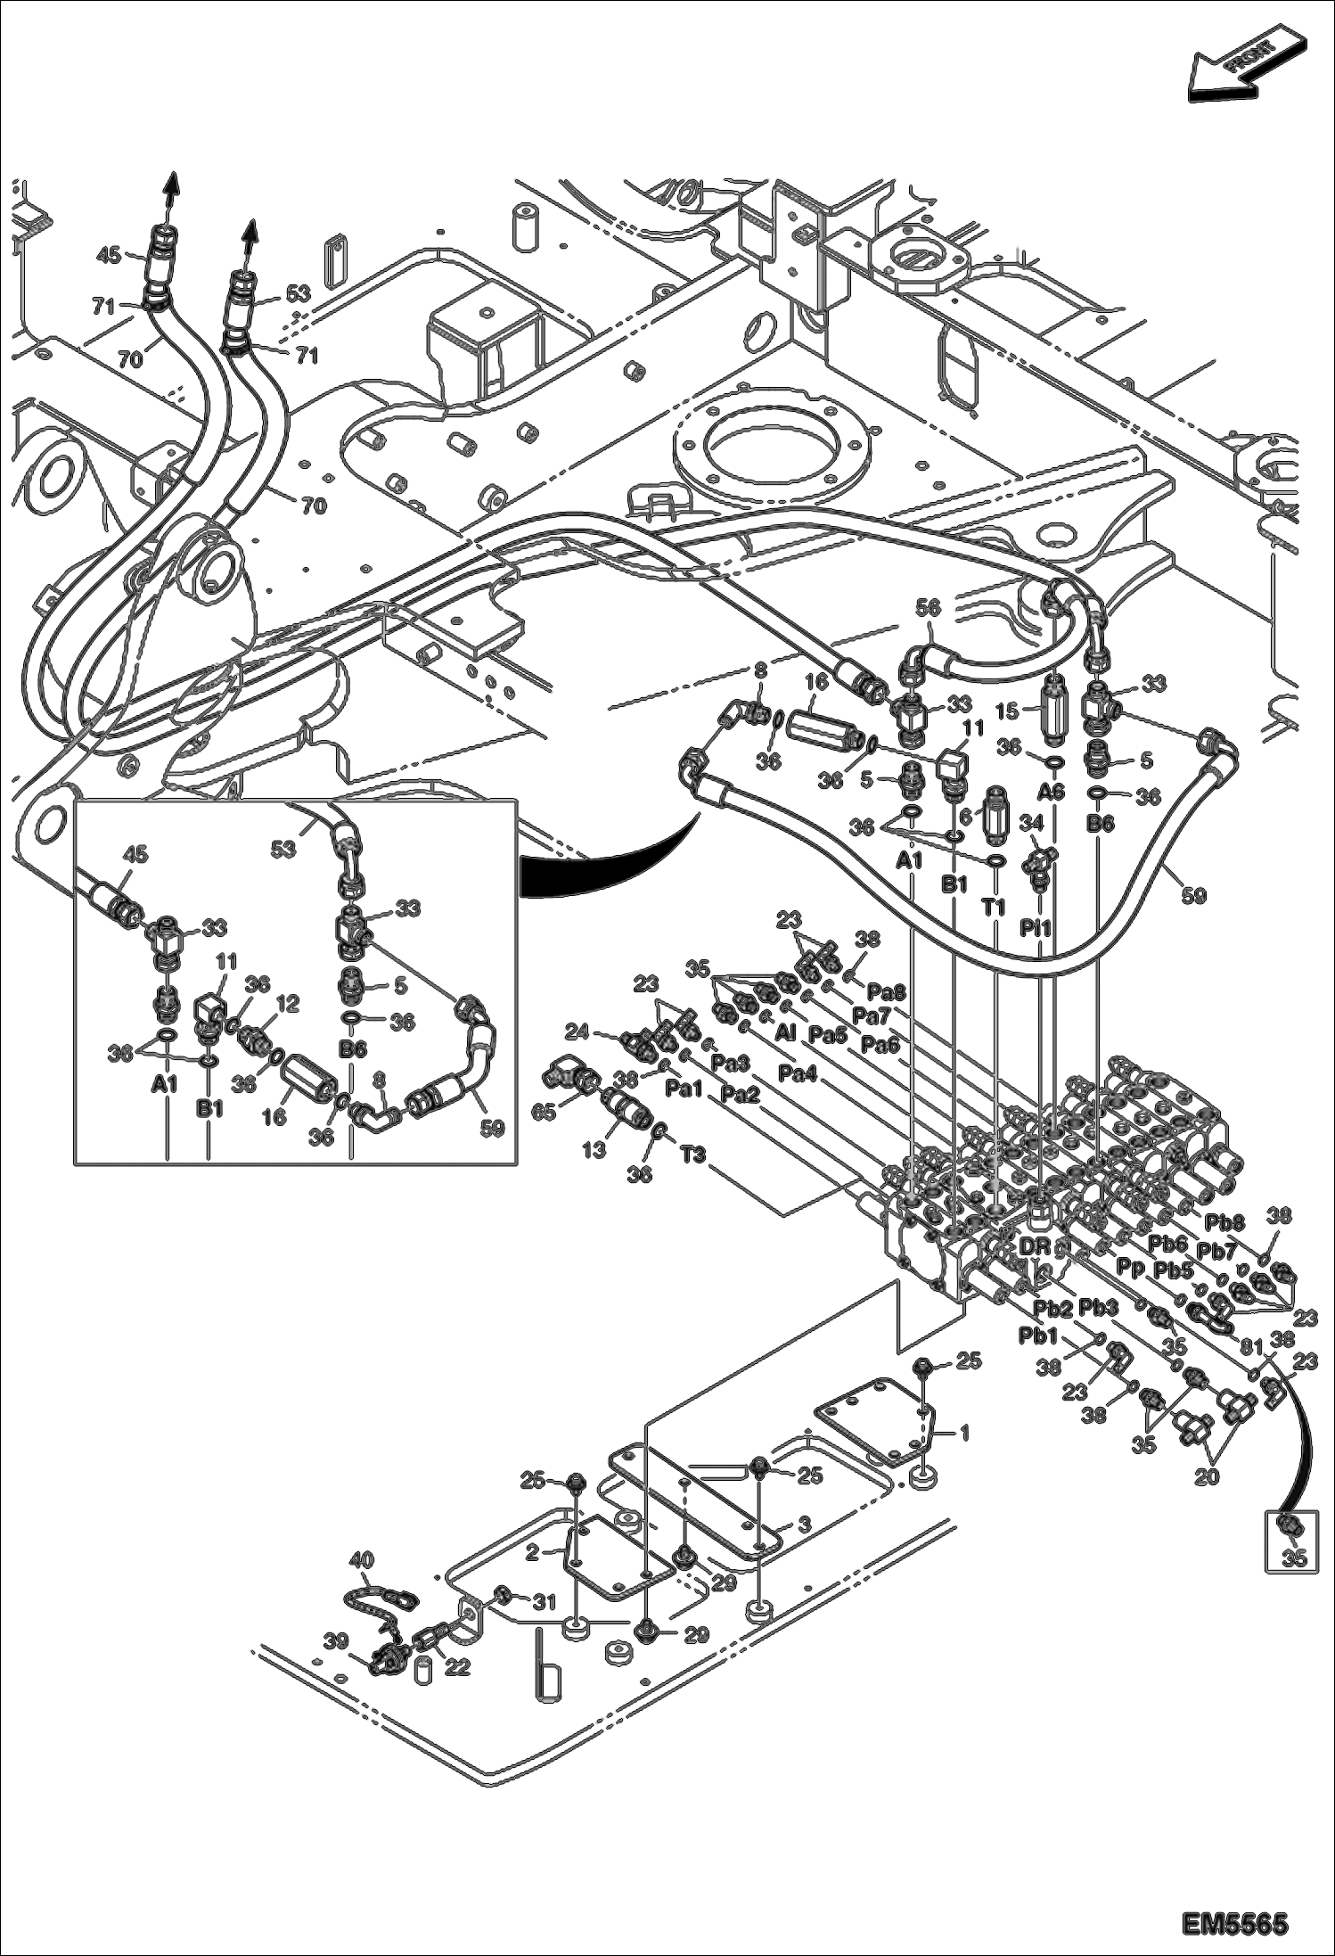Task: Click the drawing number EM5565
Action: point(1234,1919)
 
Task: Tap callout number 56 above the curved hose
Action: point(928,607)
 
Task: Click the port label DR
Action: point(1035,1246)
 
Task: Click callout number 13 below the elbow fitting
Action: point(594,1150)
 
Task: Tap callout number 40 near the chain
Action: point(361,1560)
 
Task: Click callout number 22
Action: point(457,1666)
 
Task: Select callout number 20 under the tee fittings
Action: point(1206,1477)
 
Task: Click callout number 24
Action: point(577,1032)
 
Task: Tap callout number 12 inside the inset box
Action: point(287,1004)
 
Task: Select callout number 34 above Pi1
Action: point(1029,820)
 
